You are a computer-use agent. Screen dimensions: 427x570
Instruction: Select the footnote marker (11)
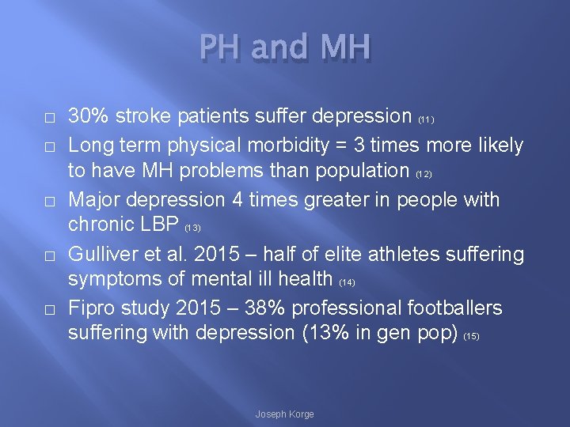pos(426,120)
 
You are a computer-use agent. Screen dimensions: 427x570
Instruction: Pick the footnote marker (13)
pos(192,229)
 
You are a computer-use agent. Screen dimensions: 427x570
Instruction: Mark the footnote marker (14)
pos(347,282)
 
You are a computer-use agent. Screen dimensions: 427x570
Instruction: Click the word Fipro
pos(93,307)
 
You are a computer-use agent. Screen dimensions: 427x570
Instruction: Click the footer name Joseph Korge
pos(284,414)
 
